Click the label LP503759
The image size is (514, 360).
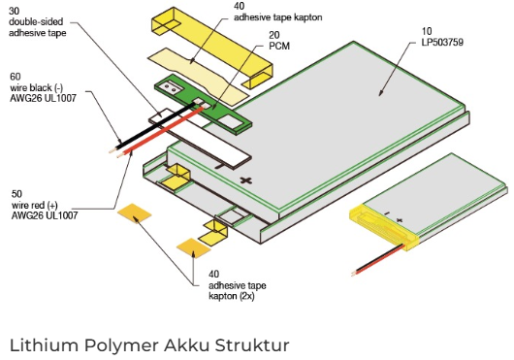pos(442,43)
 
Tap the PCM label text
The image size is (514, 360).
pos(279,47)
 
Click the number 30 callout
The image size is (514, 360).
pos(15,11)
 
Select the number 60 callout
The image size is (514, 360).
pos(16,77)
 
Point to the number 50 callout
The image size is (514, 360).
pos(16,194)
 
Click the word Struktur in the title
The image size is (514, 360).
pos(252,344)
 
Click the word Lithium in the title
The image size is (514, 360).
pos(45,344)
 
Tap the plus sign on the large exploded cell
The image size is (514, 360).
pos(246,180)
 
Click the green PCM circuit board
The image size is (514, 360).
pos(204,104)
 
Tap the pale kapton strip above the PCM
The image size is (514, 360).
pos(198,77)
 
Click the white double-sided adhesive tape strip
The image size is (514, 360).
pos(200,139)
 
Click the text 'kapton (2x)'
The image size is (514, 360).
pos(232,296)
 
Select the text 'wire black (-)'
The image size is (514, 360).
pos(37,87)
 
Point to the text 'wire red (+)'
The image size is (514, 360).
pos(34,206)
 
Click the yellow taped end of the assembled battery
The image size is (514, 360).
pos(384,226)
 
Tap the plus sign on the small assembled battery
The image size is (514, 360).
pos(400,220)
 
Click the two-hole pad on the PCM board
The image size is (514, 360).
pos(170,87)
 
